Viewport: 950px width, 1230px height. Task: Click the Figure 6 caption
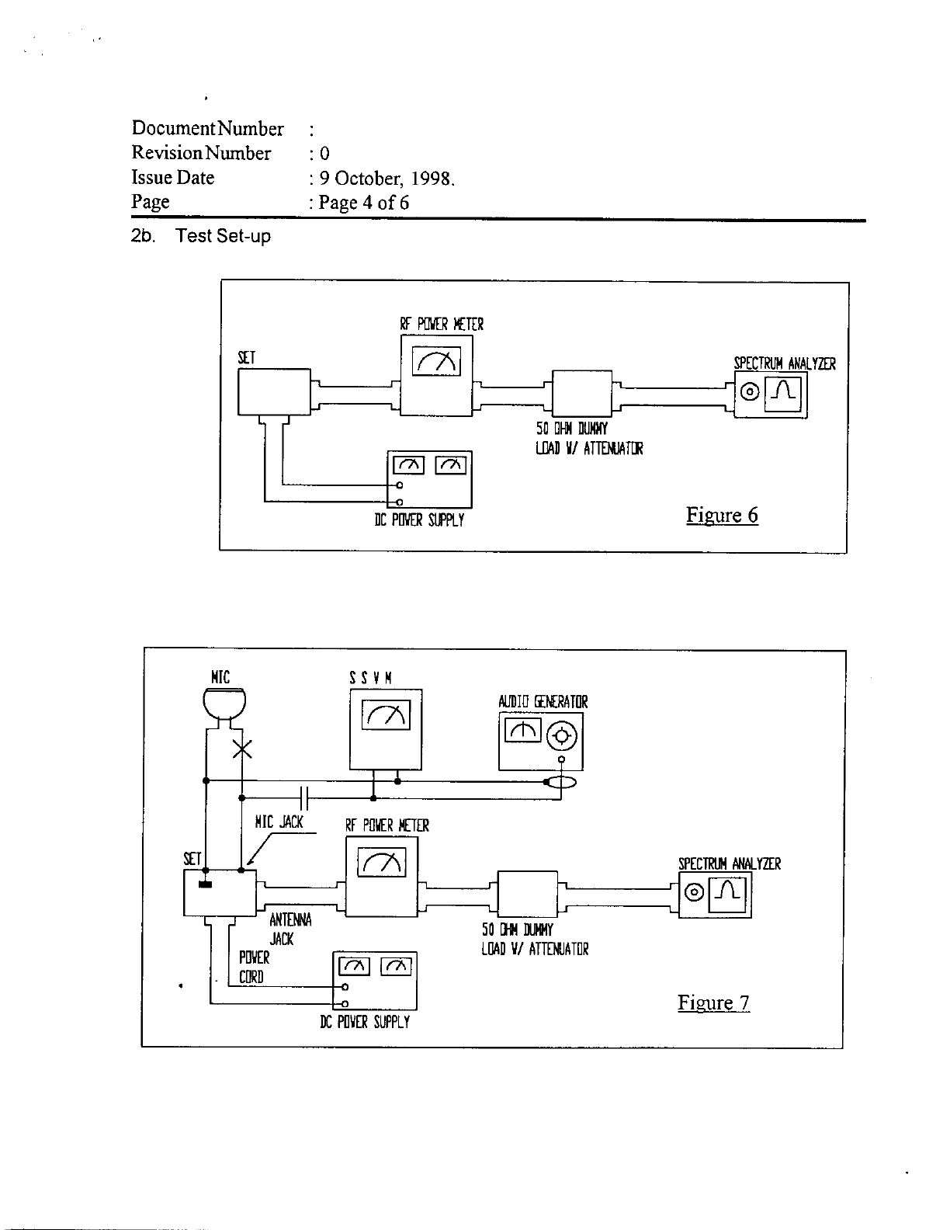click(722, 516)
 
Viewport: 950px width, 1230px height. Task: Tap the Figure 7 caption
click(713, 1002)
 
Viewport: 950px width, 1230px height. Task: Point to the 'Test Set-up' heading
click(224, 236)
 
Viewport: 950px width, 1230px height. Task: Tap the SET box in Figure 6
click(273, 391)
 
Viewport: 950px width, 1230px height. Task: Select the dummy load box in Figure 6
click(581, 393)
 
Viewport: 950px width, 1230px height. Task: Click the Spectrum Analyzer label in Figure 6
click(784, 363)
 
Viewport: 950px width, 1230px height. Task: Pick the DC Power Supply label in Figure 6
click(419, 520)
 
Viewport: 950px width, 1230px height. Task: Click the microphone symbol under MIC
click(224, 703)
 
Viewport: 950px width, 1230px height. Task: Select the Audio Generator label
click(543, 702)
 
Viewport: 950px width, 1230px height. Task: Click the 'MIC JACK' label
click(279, 822)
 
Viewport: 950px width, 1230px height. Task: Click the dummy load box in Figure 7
click(527, 894)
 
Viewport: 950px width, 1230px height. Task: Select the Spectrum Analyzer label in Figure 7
click(729, 863)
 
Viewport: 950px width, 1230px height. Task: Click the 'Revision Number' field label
click(202, 153)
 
